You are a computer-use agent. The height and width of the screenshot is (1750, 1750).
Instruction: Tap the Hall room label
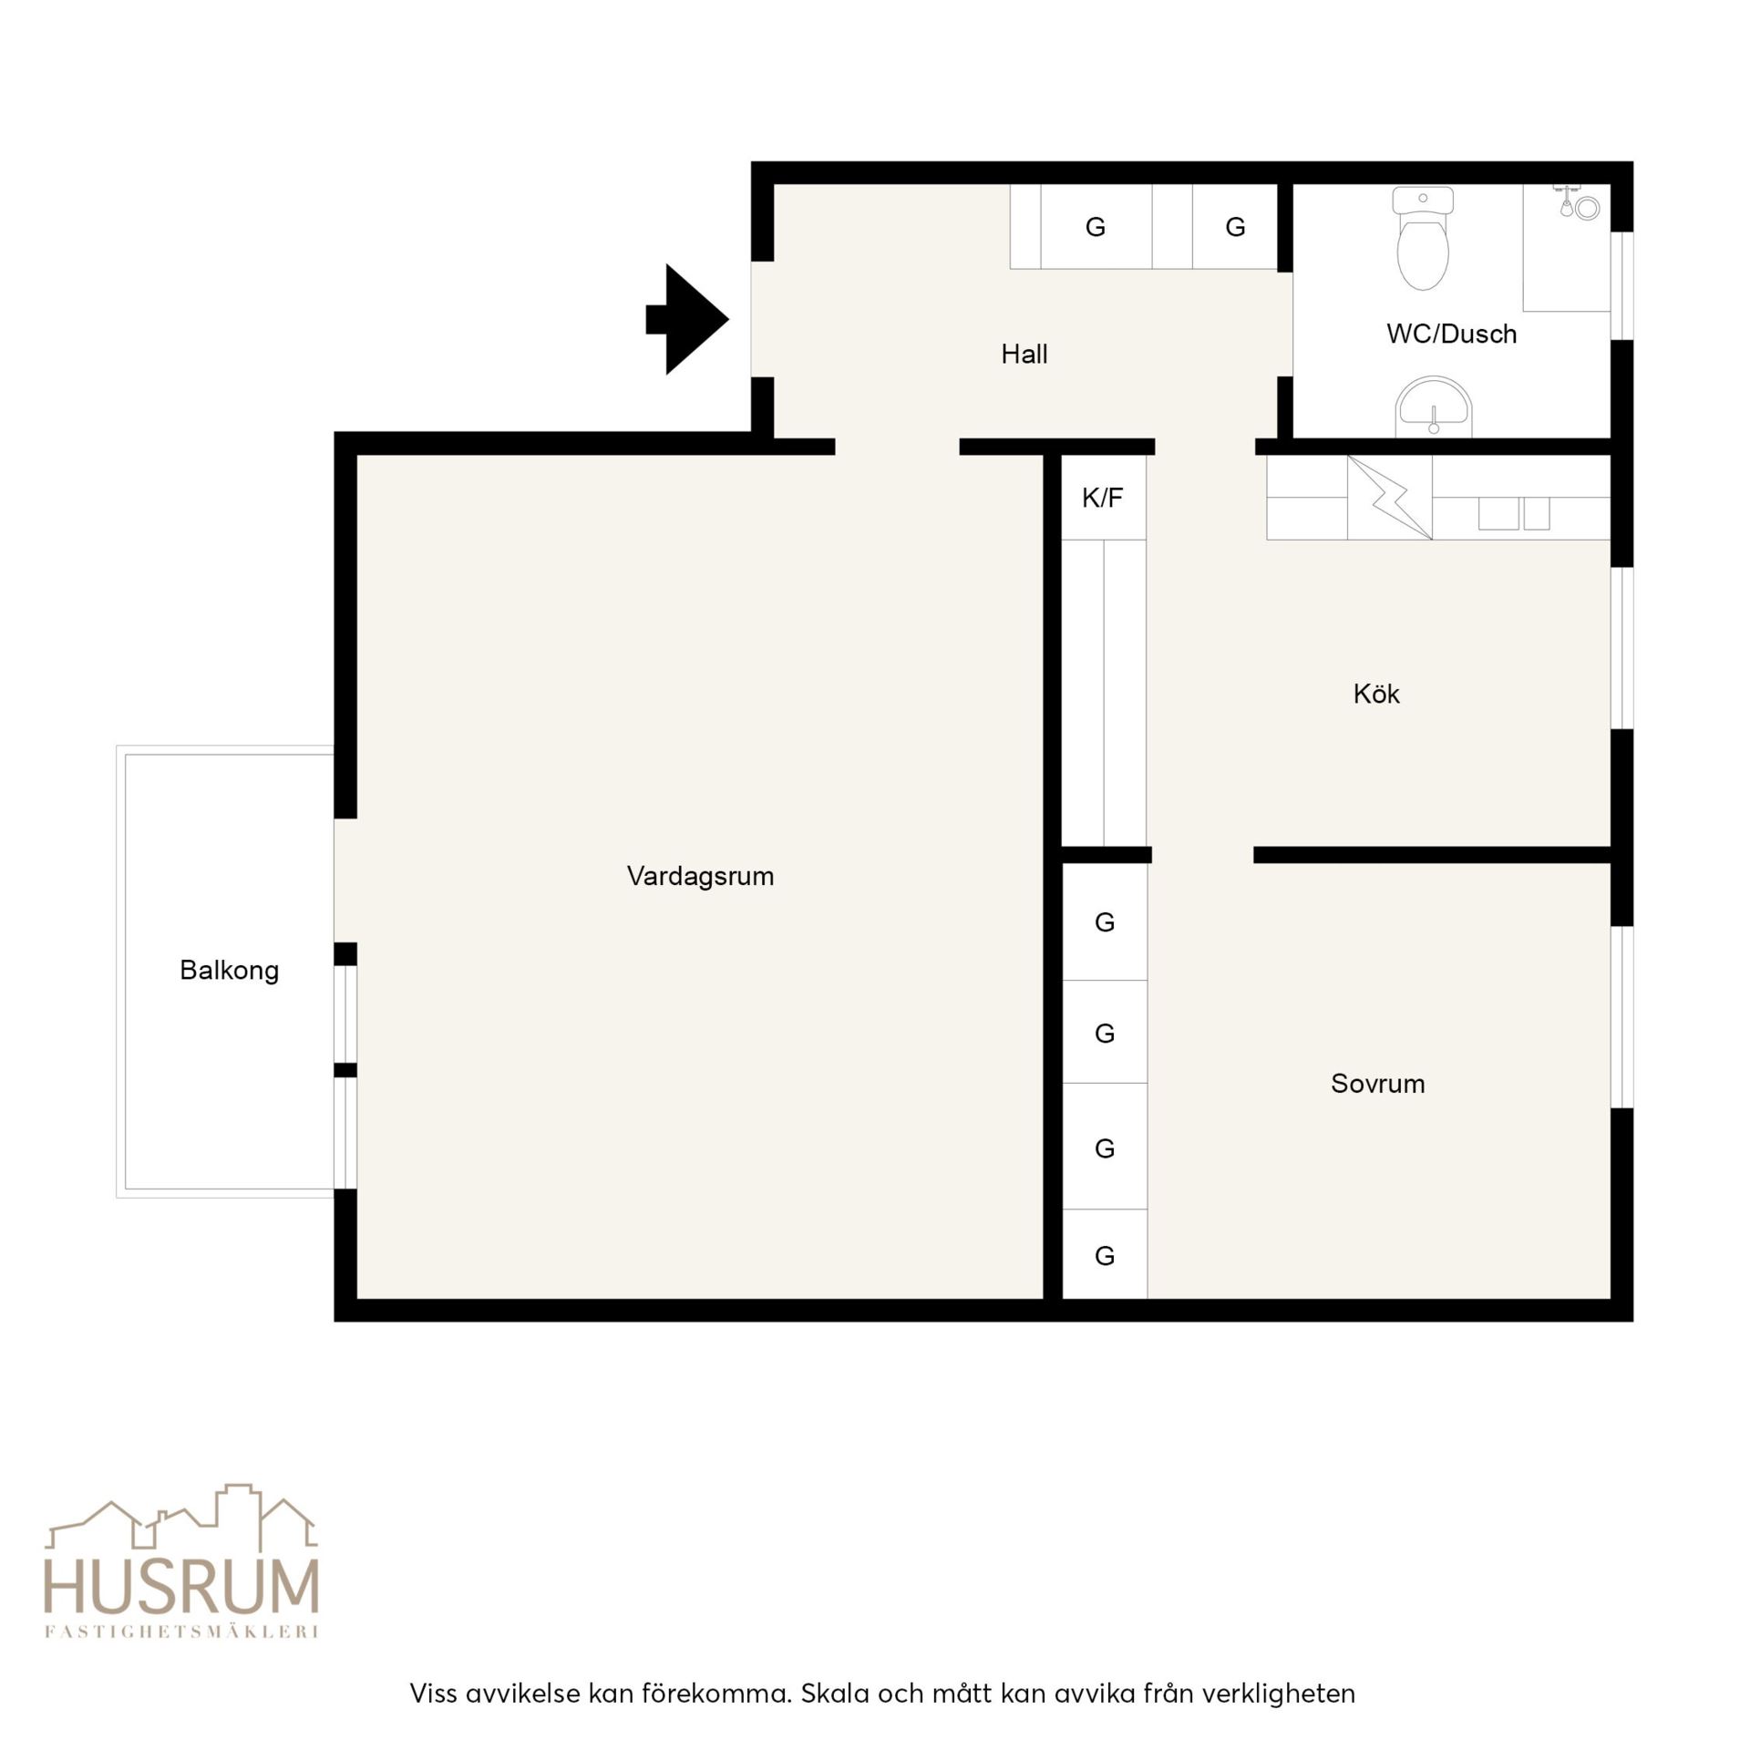click(1024, 355)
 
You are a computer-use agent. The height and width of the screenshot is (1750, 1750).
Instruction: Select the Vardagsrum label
click(700, 877)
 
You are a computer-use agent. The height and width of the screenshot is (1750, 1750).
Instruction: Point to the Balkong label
click(229, 971)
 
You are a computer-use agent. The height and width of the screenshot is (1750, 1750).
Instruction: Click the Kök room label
click(1376, 695)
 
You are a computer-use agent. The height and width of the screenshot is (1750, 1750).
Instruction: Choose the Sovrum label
click(1377, 1084)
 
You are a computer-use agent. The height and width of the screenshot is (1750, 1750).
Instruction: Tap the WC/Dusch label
click(1452, 335)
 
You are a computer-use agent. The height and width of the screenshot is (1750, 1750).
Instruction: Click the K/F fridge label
click(1102, 499)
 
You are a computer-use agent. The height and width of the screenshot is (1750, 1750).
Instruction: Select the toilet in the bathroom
click(1423, 238)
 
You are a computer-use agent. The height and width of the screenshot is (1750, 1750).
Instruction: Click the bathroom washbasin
click(1434, 407)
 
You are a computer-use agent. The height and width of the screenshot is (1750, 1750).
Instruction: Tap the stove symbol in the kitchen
click(1389, 497)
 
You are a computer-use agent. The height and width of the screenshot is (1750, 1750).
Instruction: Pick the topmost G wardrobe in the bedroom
click(1105, 922)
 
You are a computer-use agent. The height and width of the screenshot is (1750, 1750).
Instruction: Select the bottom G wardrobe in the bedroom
click(1105, 1256)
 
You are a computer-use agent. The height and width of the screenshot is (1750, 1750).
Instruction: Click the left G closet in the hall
click(1096, 227)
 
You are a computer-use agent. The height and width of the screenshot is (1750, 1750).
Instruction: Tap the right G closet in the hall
click(1235, 227)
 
